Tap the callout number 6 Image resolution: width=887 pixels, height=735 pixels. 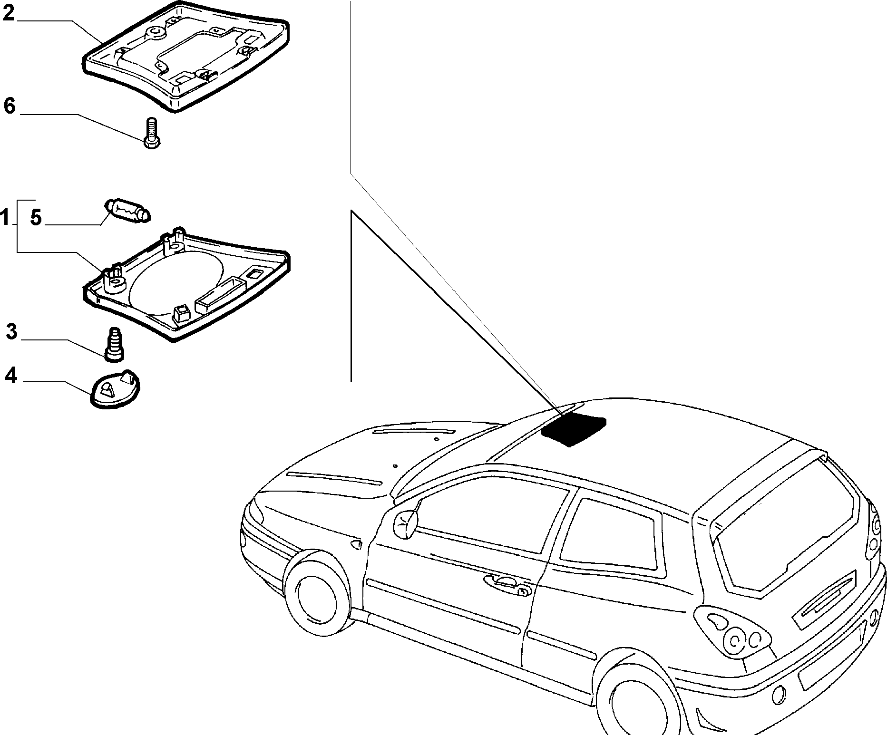(x=10, y=106)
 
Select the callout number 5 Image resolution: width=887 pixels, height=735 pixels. (x=36, y=217)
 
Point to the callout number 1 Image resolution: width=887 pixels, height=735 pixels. (x=5, y=219)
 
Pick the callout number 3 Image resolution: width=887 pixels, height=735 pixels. (x=12, y=331)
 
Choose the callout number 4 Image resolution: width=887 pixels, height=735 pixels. (x=11, y=376)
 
